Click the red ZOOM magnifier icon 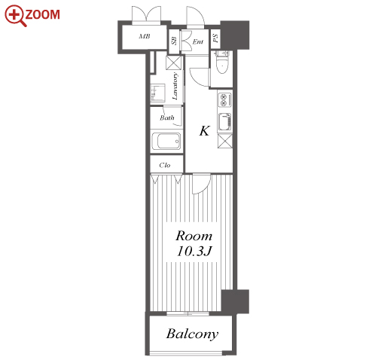coord(16,16)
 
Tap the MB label coord(145,36)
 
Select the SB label coord(174,41)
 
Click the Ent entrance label coord(198,41)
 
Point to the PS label coord(215,38)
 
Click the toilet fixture coord(222,63)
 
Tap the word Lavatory coord(175,86)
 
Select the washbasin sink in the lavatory coord(157,93)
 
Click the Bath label coord(167,117)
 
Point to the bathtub coord(166,141)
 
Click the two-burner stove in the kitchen coord(224,99)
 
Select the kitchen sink coord(224,122)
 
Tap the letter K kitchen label coord(204,131)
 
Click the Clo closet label coord(165,165)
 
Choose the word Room coord(194,236)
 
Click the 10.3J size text coord(194,251)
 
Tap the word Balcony coord(192,334)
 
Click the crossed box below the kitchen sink coord(225,141)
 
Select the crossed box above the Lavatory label coord(173,63)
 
